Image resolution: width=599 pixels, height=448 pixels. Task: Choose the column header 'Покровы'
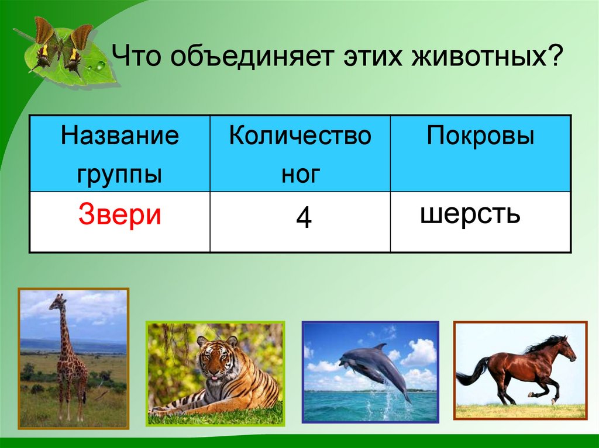(x=480, y=138)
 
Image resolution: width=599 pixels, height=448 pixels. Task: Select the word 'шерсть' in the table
(x=470, y=214)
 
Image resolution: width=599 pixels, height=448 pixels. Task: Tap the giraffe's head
(x=58, y=302)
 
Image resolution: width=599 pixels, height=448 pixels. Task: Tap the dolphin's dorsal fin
(x=380, y=347)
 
